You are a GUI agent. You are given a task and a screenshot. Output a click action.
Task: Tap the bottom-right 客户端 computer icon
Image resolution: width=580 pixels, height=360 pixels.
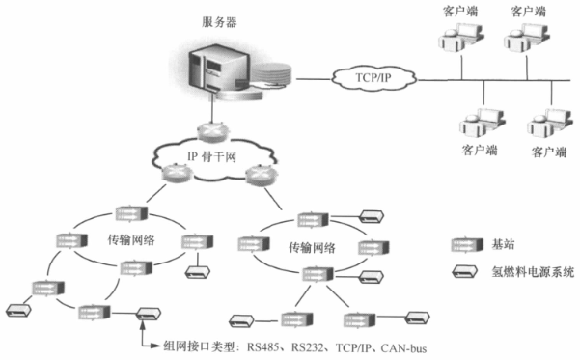545,125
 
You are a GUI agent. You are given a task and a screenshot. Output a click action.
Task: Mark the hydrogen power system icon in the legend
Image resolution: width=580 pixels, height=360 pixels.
465,271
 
